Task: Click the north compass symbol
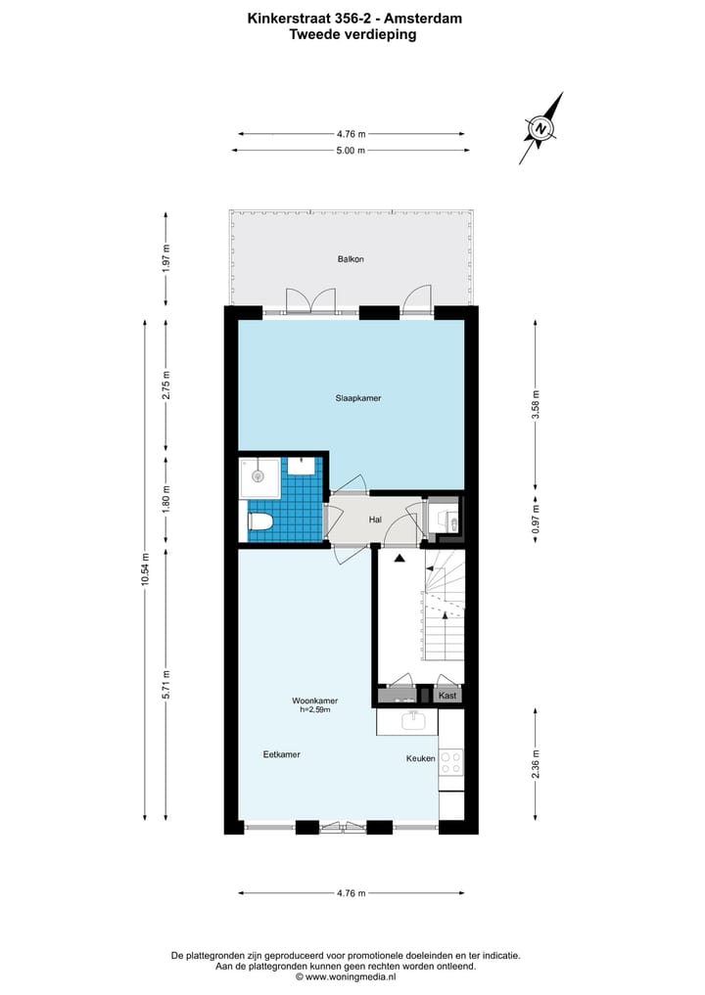coord(540,128)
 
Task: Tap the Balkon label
coord(351,259)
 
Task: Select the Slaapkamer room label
coord(357,398)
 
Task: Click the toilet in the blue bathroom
coord(260,520)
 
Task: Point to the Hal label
coord(375,520)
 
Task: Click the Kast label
coord(447,696)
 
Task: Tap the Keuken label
coord(421,759)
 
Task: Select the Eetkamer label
coord(281,754)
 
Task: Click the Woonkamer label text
coord(315,701)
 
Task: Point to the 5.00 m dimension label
coord(351,151)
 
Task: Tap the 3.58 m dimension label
coord(535,404)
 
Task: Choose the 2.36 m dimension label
coord(535,763)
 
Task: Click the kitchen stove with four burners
coord(451,762)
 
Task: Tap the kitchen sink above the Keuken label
coord(412,721)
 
